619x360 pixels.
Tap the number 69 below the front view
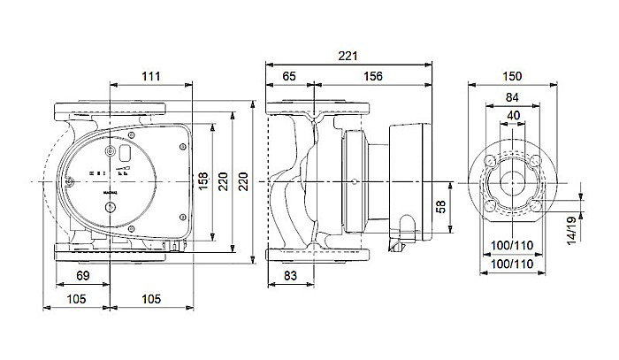coord(80,278)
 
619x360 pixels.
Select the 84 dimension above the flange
coord(512,96)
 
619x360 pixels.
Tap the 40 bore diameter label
coord(512,115)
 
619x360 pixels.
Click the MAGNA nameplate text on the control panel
coord(110,188)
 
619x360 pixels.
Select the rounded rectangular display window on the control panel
coord(126,157)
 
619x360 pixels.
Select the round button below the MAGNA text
coord(110,210)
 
